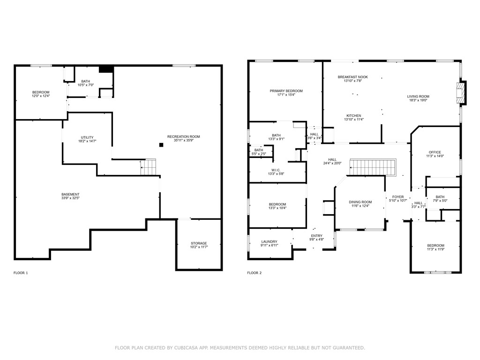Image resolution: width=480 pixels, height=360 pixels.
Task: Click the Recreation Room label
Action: (184, 136)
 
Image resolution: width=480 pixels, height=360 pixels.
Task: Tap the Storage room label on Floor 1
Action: (199, 243)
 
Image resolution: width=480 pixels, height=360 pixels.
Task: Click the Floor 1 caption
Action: (21, 273)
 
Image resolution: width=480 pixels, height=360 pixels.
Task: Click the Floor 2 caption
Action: (254, 273)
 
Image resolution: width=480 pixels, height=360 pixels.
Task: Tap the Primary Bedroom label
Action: (286, 91)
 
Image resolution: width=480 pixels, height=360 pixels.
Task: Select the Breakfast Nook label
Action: (352, 76)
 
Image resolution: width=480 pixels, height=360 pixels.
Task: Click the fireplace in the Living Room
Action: (462, 93)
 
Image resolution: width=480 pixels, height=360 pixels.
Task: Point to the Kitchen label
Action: (353, 115)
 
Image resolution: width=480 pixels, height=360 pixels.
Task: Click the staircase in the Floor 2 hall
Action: (374, 167)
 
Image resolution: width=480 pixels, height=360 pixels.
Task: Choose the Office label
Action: (435, 152)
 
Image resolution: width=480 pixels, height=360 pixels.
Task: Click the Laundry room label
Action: (269, 242)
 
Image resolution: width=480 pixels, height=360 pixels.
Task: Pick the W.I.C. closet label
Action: (276, 170)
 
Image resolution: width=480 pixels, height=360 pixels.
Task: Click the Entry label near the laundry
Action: (316, 236)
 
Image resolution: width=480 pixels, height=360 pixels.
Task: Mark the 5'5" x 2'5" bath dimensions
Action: (259, 154)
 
